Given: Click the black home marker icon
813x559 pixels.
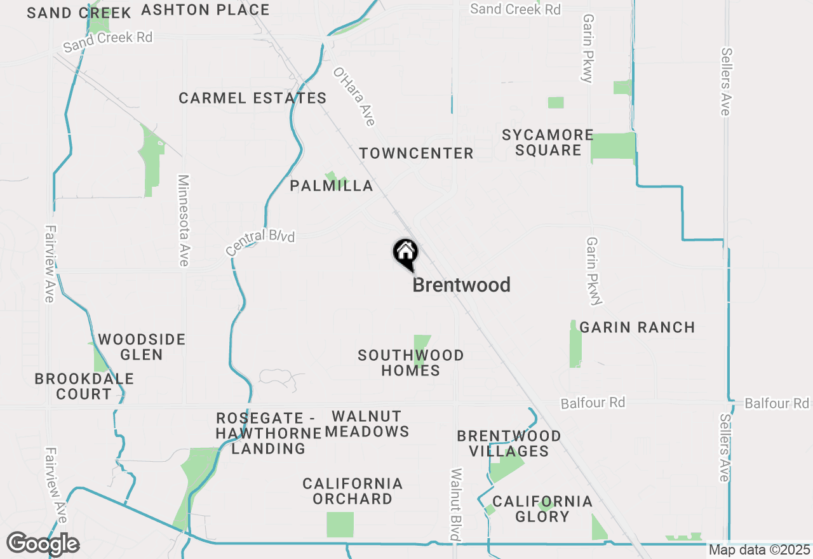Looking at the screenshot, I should [405, 253].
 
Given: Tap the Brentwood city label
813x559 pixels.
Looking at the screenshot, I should [461, 285].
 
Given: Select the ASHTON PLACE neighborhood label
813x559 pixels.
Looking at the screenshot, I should [205, 10].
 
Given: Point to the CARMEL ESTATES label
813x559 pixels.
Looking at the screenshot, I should [252, 98].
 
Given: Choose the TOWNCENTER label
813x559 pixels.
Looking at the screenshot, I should [416, 153].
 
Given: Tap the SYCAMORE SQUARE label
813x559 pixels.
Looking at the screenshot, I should [548, 142].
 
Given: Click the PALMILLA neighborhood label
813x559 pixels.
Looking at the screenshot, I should [331, 185].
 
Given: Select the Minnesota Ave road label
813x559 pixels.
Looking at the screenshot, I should [184, 220].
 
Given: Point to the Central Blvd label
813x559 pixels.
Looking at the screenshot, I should [260, 243].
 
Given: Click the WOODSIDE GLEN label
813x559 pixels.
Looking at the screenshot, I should [141, 347].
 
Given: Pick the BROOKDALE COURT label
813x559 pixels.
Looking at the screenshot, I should [84, 386].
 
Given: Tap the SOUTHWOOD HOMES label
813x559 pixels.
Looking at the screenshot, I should [410, 363].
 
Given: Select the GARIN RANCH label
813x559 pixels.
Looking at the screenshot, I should [637, 328].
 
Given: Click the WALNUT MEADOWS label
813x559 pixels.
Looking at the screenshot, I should [367, 424].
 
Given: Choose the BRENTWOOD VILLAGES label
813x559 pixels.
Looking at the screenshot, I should [509, 443].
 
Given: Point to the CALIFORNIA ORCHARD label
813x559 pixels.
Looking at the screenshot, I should [353, 491].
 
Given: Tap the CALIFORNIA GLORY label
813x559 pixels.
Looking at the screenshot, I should [542, 509].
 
